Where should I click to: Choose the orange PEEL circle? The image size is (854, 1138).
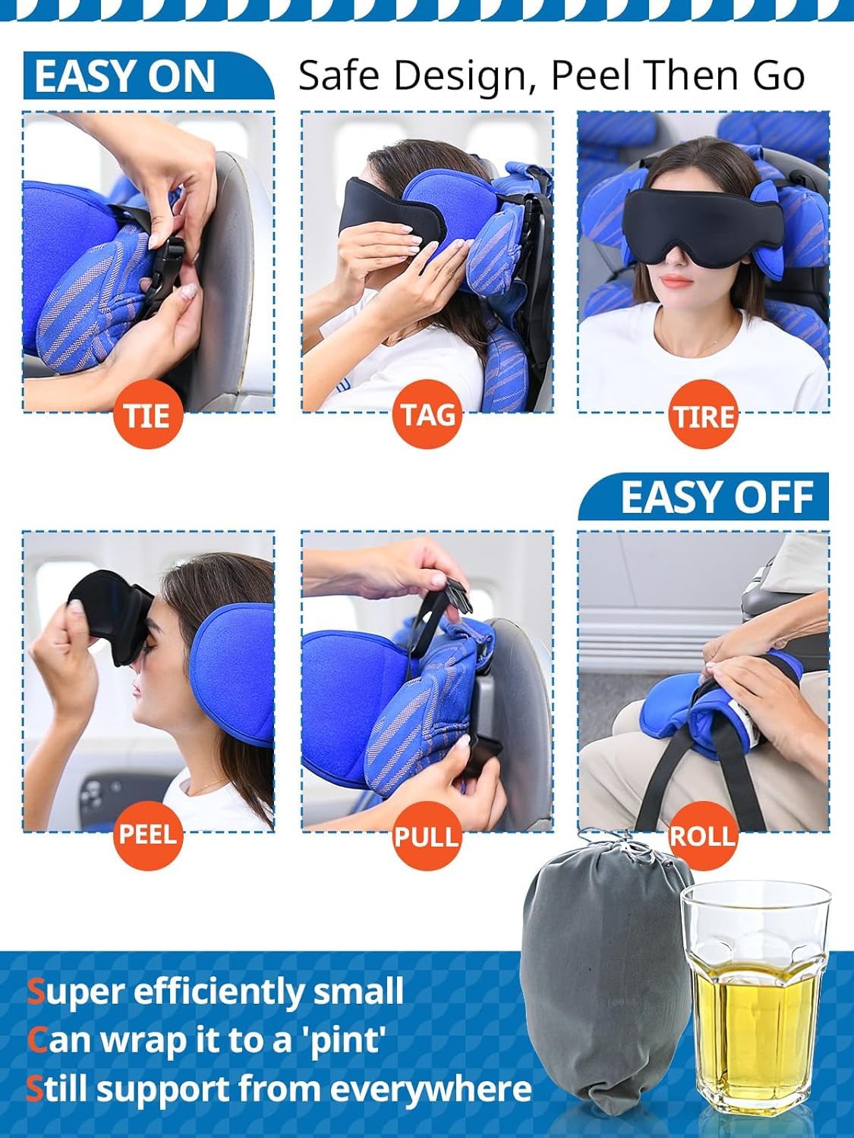[148, 835]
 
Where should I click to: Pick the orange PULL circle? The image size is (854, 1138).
[427, 836]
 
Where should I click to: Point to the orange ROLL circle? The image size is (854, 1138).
[703, 836]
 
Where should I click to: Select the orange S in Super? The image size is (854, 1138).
[36, 992]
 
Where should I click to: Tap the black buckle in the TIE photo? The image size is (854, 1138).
[169, 266]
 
